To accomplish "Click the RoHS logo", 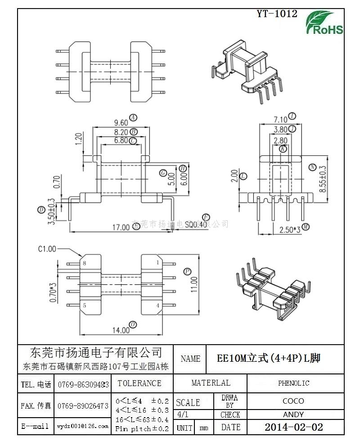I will (324, 23).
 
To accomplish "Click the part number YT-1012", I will (277, 14).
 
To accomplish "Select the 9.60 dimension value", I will (121, 123).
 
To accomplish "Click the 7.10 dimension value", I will (280, 119).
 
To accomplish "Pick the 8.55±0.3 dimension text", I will (322, 180).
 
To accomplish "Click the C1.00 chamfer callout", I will (47, 248).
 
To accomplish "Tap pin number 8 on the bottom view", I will (84, 263).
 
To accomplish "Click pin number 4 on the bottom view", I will (158, 305).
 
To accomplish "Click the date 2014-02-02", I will (293, 427).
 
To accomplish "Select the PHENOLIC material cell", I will (293, 383).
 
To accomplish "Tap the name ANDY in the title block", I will (293, 414).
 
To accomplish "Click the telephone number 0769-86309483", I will (83, 384).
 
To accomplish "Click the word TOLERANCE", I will (139, 383).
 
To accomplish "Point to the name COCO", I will (293, 401).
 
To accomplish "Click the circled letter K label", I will (283, 149).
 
